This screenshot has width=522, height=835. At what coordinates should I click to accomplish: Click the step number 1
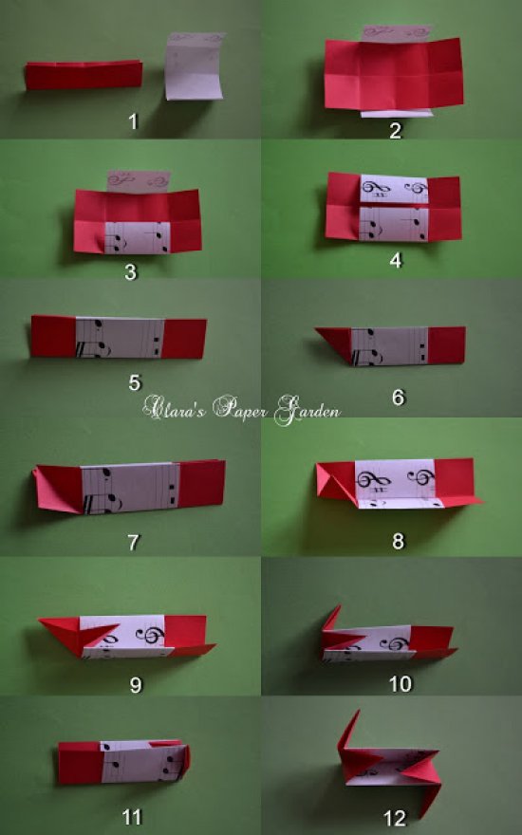[x=133, y=121]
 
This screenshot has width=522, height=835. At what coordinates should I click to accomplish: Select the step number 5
[x=135, y=382]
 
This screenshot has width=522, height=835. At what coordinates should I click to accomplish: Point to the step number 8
[x=399, y=541]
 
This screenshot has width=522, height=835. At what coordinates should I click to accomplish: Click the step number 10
[x=401, y=683]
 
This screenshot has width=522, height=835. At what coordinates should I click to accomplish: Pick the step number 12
[x=395, y=818]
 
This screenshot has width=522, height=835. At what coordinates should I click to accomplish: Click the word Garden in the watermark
[x=307, y=411]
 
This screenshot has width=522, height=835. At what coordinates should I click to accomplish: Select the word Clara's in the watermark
[x=174, y=408]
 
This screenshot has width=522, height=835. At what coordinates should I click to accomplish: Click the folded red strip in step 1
[x=84, y=75]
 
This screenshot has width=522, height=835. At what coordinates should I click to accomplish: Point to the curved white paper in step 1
[x=195, y=66]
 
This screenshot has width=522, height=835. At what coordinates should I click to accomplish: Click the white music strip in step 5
[x=120, y=338]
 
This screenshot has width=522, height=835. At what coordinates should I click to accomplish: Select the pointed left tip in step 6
[x=316, y=329]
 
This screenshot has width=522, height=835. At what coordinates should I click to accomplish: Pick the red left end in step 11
[x=80, y=763]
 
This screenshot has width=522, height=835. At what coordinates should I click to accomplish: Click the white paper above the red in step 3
[x=139, y=181]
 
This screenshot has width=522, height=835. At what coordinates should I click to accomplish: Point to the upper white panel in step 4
[x=394, y=189]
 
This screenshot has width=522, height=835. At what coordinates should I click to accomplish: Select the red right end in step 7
[x=201, y=483]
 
